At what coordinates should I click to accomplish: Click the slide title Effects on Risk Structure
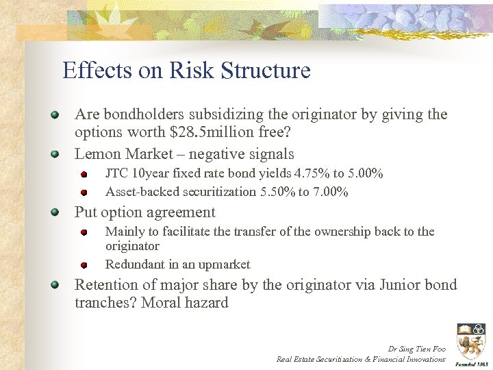(x=186, y=71)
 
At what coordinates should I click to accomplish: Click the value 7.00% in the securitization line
(x=331, y=192)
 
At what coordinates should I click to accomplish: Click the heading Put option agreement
(x=144, y=212)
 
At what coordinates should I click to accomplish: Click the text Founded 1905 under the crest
(x=470, y=365)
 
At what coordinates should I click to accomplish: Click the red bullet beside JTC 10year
(x=84, y=174)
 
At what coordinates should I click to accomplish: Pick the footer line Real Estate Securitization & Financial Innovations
(x=361, y=359)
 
